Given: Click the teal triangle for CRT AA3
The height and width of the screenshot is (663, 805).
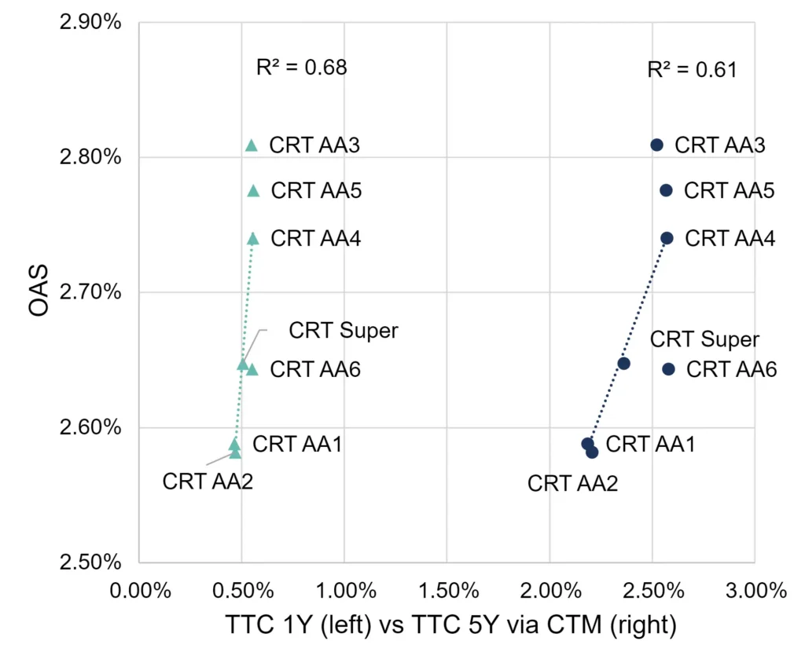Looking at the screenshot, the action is coord(251,145).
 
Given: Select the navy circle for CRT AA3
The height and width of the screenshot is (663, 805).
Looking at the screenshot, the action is coord(656,145).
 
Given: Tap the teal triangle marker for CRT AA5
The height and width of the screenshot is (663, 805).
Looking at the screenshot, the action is coord(253,191).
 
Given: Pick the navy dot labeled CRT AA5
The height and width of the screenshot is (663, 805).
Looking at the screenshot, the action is coord(666,190).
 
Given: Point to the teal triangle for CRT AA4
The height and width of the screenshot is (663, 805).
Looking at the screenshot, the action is coord(252,239).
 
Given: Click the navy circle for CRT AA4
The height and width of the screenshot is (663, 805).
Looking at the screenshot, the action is coord(667,238).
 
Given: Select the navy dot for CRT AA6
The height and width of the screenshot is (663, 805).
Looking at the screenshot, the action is coord(668,369).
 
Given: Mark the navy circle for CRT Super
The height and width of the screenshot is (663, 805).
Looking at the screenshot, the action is coord(623,364).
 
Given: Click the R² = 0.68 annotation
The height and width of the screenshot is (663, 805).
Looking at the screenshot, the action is coord(302,68).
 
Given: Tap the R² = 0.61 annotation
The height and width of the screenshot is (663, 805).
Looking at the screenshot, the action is coord(692,69).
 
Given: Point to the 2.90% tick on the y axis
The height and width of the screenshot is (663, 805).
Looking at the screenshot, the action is coord(90,22).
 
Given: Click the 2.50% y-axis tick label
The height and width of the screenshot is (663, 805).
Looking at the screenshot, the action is coord(90,562).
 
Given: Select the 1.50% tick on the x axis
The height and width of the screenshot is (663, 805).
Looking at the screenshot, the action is coord(448,591).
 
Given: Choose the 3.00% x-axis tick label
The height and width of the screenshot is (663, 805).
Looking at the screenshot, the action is coord(756,591).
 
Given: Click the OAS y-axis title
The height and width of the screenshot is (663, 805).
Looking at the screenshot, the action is coord(39,291).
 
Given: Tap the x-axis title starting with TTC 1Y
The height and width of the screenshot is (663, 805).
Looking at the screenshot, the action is coord(450,625).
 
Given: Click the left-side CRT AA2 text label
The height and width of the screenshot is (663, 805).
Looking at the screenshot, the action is coord(208,482).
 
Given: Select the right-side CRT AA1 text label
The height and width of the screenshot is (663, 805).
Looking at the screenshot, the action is coord(650,444).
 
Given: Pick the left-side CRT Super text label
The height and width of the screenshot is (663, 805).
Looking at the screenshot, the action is coord(344,331).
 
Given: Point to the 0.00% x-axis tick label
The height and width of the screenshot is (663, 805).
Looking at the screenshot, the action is coord(140,591).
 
